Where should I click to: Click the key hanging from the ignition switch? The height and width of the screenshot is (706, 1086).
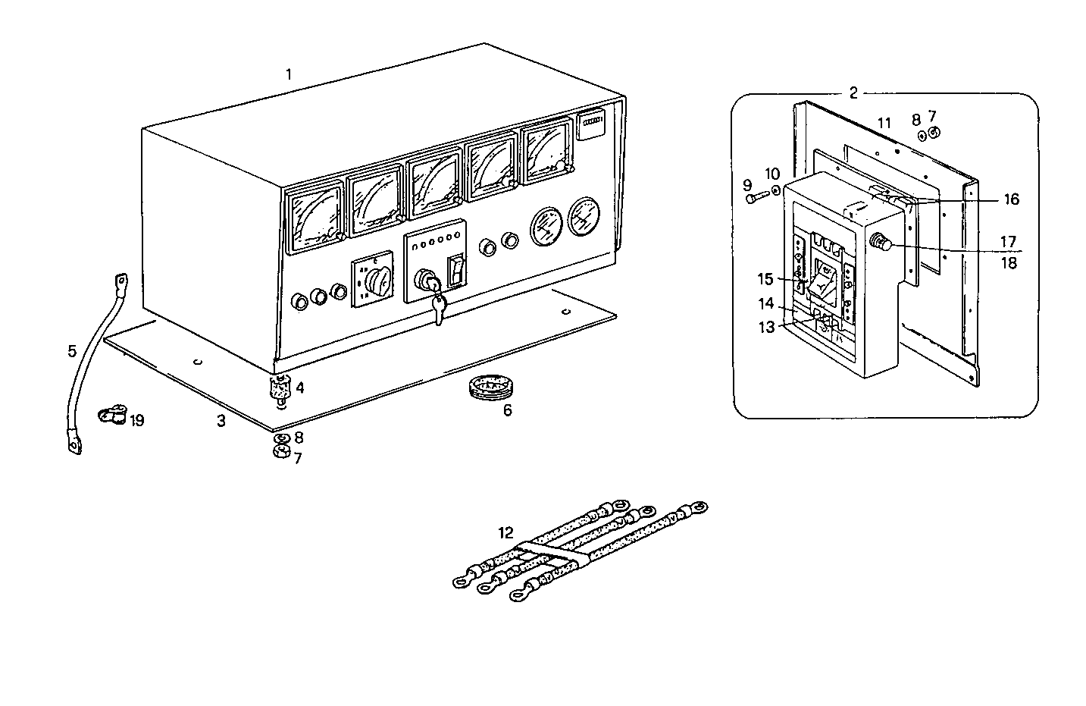click(437, 308)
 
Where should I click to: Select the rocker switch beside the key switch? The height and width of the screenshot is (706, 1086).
click(456, 271)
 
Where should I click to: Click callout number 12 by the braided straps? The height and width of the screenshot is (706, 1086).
click(505, 532)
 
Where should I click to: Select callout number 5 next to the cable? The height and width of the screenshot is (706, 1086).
click(72, 350)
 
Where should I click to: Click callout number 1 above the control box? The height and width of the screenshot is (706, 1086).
click(289, 74)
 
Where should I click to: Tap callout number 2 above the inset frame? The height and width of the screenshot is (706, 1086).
click(853, 93)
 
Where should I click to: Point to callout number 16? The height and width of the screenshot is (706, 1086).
click(1011, 199)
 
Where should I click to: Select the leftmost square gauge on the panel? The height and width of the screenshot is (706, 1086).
click(315, 218)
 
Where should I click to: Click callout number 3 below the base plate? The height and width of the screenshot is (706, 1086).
click(221, 421)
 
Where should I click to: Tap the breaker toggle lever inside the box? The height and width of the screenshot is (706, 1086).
click(822, 284)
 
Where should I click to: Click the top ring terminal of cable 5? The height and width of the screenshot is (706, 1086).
click(120, 283)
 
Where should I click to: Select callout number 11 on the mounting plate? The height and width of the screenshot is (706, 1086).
click(884, 122)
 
